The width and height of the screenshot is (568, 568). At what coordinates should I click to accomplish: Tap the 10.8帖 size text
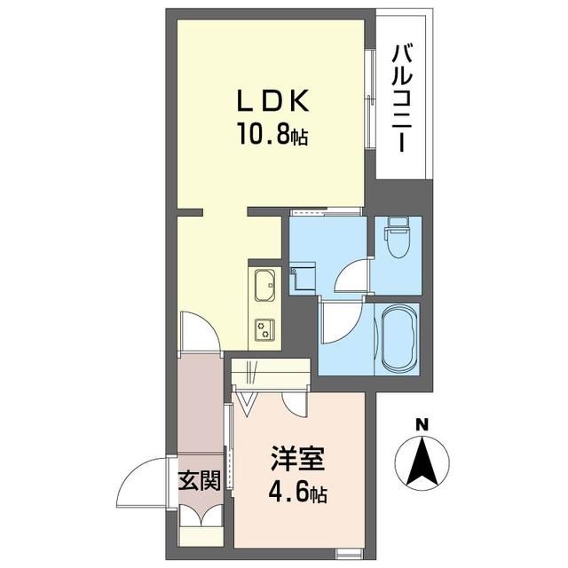pyautogui.click(x=272, y=136)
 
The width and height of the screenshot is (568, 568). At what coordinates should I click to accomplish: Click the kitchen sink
pyautogui.click(x=264, y=288)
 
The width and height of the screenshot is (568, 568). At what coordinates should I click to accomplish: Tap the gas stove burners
pyautogui.click(x=264, y=329)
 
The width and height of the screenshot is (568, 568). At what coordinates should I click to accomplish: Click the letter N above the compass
pyautogui.click(x=424, y=424)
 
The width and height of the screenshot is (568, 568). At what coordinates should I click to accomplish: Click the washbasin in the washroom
pyautogui.click(x=301, y=276)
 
